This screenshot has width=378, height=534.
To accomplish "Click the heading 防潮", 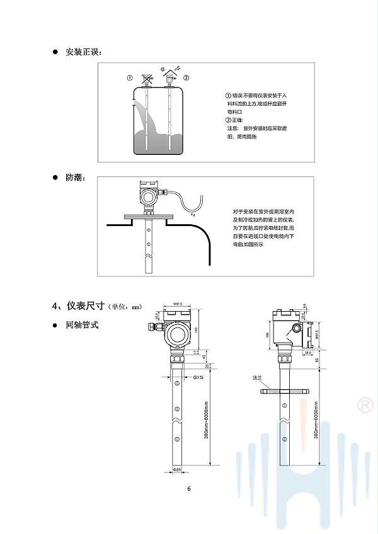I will pyautogui.click(x=74, y=178).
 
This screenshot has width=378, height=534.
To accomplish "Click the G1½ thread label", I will pyautogui.click(x=198, y=377).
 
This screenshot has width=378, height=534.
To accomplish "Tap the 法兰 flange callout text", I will pyautogui.click(x=256, y=378).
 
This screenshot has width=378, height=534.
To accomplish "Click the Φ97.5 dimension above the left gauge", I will pyautogui.click(x=178, y=304).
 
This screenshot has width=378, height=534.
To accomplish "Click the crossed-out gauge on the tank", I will pyautogui.click(x=146, y=80).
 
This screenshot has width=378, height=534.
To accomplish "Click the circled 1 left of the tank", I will pyautogui.click(x=129, y=78).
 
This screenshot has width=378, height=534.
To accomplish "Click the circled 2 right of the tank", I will pyautogui.click(x=186, y=77).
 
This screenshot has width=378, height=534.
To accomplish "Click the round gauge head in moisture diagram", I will pyautogui.click(x=149, y=196).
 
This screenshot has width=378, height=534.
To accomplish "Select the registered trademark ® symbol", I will pyautogui.click(x=364, y=404).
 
